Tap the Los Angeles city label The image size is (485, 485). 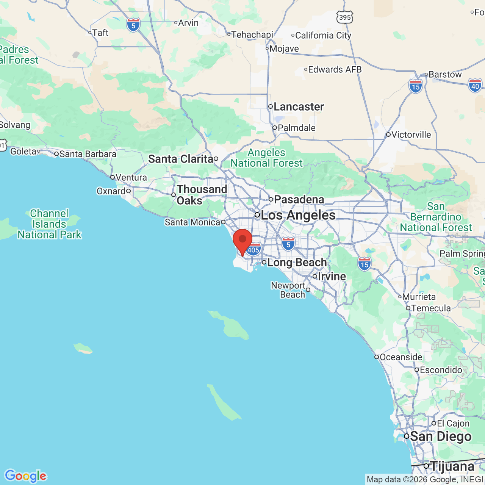point(298,215)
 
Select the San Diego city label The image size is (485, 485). point(441,436)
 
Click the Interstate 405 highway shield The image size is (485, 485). point(253,250)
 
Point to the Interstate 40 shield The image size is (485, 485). point(475,86)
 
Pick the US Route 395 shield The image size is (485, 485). point(345,17)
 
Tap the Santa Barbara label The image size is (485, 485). point(88,154)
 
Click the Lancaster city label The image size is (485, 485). point(299,107)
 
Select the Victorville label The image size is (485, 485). point(411,135)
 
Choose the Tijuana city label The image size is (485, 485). point(452,466)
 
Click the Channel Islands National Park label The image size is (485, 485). point(50,224)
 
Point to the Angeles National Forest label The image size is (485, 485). point(267,158)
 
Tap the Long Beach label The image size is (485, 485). point(297,262)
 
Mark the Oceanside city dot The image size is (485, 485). point(377,357)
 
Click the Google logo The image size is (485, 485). point(25,476)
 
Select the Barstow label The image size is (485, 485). point(445,74)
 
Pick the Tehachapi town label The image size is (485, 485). point(252,34)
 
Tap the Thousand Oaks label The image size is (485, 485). point(202,195)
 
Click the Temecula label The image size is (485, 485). point(431,308)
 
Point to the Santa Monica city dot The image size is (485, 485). point(223,222)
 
